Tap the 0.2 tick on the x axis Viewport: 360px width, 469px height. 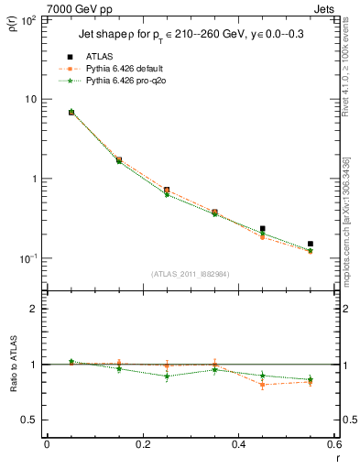pyautogui.click(x=142, y=446)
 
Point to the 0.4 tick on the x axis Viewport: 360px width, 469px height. pyautogui.click(x=238, y=446)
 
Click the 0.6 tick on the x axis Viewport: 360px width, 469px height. pyautogui.click(x=333, y=446)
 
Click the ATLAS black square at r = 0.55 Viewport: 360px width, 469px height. pyautogui.click(x=311, y=244)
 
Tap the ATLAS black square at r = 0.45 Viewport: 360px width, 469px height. pyautogui.click(x=263, y=229)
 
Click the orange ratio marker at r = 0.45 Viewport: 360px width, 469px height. pyautogui.click(x=263, y=384)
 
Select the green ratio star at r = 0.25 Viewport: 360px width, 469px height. pyautogui.click(x=167, y=376)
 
